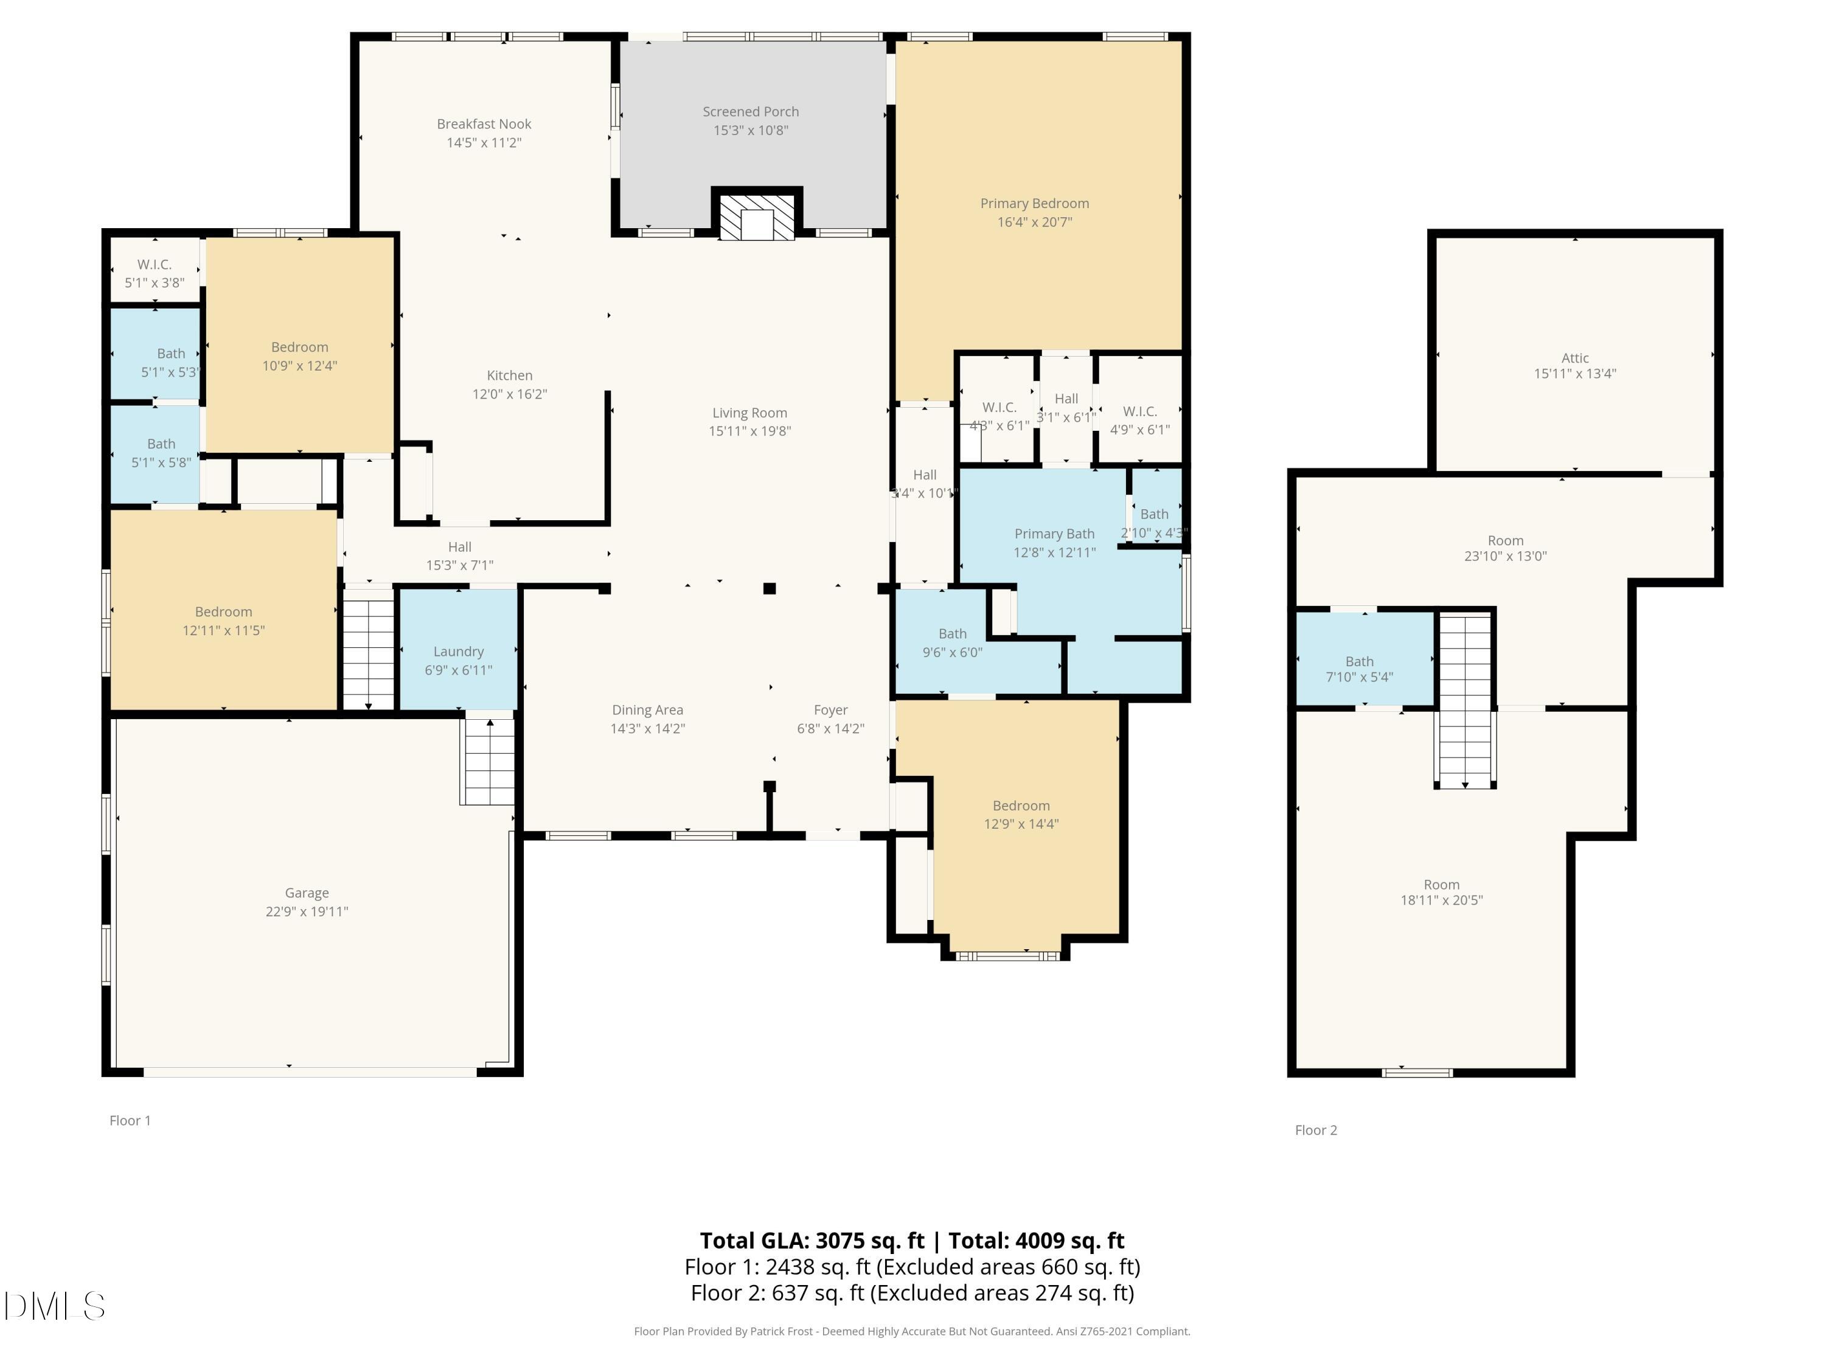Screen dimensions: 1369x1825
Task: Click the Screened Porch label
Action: point(750,111)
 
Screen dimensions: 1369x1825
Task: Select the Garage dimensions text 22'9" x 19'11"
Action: point(307,911)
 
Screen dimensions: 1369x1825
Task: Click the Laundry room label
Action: point(458,651)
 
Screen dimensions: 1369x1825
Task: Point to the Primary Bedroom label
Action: point(1034,203)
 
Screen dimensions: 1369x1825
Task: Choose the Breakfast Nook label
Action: point(484,124)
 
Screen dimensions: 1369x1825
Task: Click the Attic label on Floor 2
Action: point(1574,357)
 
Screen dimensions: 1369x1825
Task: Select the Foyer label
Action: point(830,709)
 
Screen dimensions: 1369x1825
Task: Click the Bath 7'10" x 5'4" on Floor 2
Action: point(1359,669)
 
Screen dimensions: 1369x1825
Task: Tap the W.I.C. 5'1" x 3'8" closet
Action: point(155,273)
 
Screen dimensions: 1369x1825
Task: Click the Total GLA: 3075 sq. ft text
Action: point(812,1240)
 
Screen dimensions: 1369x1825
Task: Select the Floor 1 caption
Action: point(130,1120)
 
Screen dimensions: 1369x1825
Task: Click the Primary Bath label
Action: point(1054,534)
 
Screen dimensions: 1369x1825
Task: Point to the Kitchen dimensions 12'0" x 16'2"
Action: point(509,394)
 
